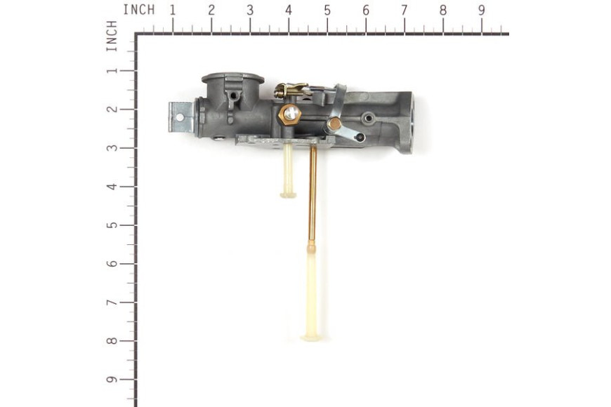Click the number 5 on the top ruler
(327, 11)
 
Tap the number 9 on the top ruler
(482, 11)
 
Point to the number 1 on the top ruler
(173, 11)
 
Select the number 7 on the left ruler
(112, 302)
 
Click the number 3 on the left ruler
(112, 147)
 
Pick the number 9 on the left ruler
(112, 380)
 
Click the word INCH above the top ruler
(139, 10)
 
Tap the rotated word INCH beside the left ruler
(112, 36)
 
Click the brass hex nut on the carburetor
(290, 115)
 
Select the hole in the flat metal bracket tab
(180, 117)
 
